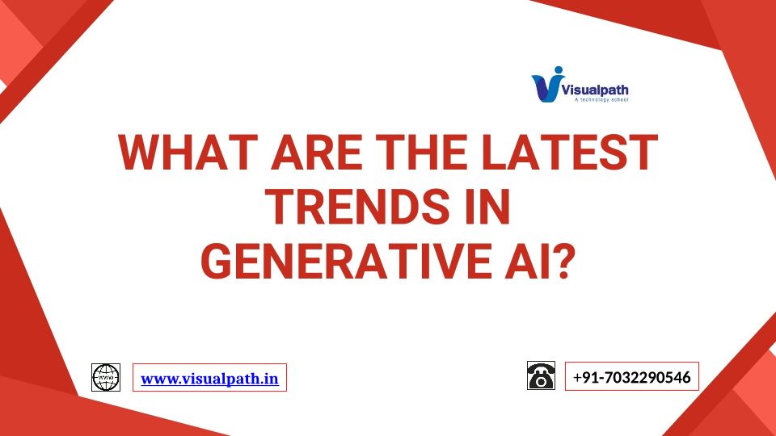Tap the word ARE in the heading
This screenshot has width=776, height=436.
(317, 152)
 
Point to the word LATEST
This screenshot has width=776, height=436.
(569, 152)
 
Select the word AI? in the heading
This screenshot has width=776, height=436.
(539, 262)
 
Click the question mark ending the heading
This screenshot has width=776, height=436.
(563, 262)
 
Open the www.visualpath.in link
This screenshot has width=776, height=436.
(210, 379)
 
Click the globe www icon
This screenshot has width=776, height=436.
(106, 377)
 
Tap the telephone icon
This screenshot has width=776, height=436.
(541, 375)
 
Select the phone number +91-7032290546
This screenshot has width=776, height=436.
(631, 377)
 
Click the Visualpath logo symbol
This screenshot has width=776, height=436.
(547, 85)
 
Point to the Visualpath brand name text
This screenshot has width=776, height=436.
(596, 90)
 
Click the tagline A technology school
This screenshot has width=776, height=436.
(601, 100)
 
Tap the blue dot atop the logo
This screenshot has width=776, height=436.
(559, 71)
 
